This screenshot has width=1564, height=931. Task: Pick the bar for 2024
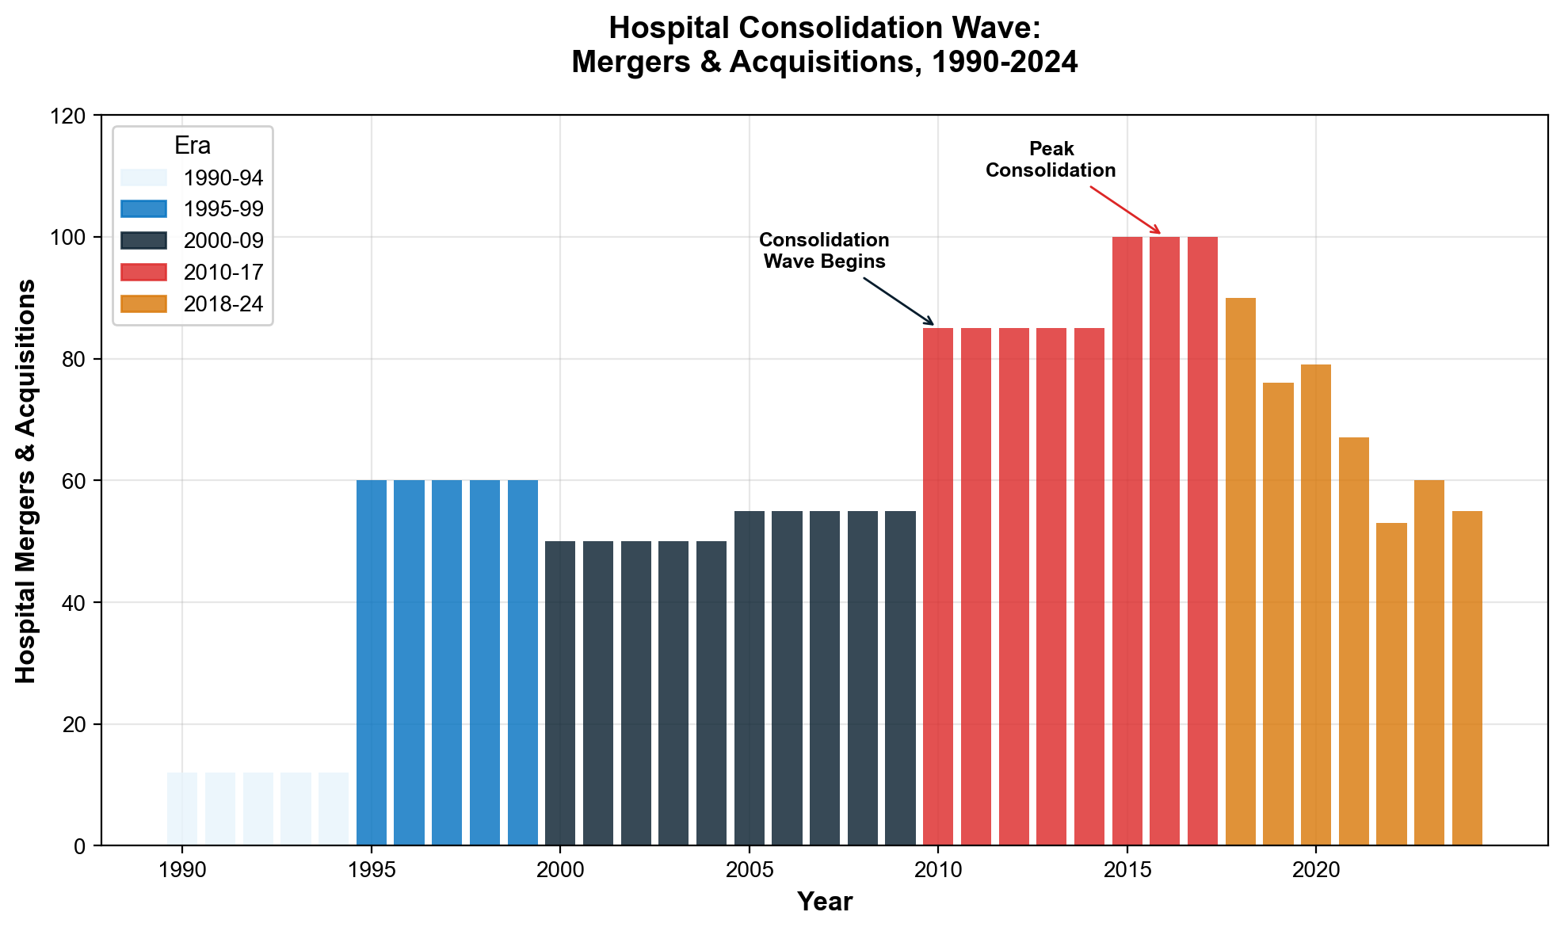pyautogui.click(x=1467, y=678)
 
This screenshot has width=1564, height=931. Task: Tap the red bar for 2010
pyautogui.click(x=938, y=586)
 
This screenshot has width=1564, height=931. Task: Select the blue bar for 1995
pyautogui.click(x=372, y=662)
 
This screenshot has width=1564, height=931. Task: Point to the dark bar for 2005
pyautogui.click(x=750, y=678)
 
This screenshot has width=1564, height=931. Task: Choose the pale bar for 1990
pyautogui.click(x=182, y=809)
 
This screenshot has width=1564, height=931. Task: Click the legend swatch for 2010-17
pyautogui.click(x=143, y=272)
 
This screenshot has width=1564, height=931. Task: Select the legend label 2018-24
pyautogui.click(x=223, y=304)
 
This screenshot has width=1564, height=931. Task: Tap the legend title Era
pyautogui.click(x=193, y=146)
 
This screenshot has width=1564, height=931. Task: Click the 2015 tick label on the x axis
pyautogui.click(x=1127, y=870)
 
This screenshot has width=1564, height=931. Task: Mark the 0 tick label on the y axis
pyautogui.click(x=80, y=846)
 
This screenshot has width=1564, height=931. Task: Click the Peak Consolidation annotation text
pyautogui.click(x=1051, y=159)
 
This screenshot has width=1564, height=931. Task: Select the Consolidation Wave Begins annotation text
pyautogui.click(x=824, y=250)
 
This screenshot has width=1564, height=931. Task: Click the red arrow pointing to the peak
pyautogui.click(x=1125, y=210)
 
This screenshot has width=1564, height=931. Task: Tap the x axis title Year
pyautogui.click(x=824, y=902)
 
